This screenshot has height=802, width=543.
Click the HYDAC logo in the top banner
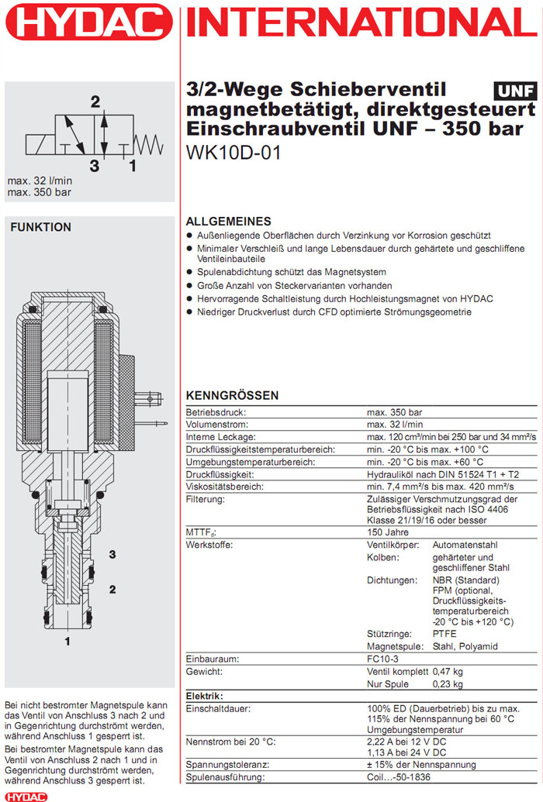(90, 22)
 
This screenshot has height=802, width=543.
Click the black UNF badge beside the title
(514, 91)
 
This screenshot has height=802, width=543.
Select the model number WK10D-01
(233, 153)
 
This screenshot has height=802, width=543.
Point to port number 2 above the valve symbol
(95, 102)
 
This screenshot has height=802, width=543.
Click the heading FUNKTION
(40, 227)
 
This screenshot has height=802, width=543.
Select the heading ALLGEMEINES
(229, 221)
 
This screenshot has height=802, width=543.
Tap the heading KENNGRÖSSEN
(232, 395)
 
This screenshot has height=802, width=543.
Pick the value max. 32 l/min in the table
(394, 425)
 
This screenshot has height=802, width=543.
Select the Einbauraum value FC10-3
(383, 658)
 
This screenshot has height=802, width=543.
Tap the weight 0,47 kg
(447, 671)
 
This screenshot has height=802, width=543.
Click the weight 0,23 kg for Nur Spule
(447, 683)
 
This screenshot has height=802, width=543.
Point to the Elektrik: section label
(205, 697)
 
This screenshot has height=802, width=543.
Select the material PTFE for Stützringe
(444, 634)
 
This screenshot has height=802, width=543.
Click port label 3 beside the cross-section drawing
(112, 554)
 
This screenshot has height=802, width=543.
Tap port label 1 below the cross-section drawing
(67, 641)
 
